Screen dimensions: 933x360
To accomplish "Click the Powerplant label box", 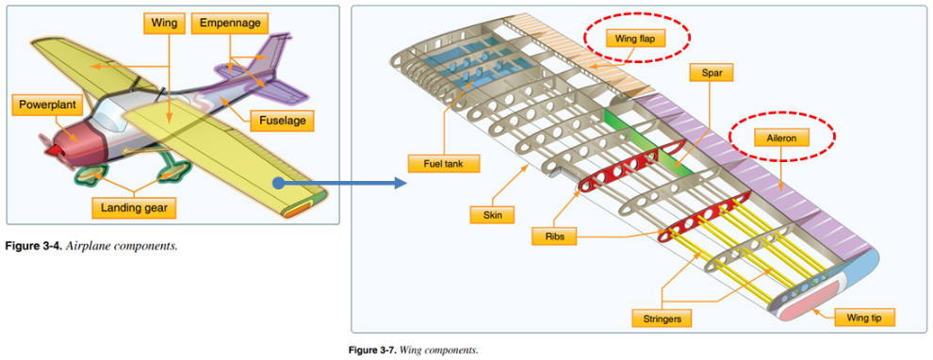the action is pos(48,105).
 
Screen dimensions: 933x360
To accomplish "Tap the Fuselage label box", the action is pos(282,122).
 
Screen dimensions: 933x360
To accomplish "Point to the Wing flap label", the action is pos(636,38).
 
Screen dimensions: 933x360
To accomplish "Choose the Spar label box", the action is pos(711,73).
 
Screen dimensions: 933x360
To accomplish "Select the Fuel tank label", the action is pos(443,163).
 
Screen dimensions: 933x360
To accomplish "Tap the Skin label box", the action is pos(492,215).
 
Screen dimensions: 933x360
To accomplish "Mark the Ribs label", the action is pos(553,237).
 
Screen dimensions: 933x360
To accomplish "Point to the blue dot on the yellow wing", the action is pos(280,183).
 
